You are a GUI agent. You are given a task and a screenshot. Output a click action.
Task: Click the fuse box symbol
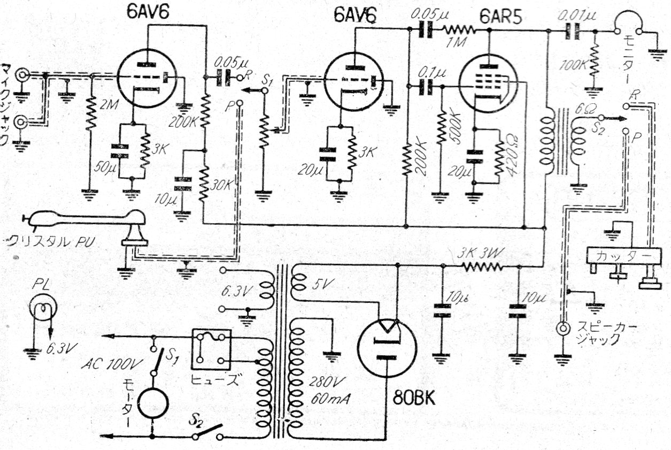coord(211,348)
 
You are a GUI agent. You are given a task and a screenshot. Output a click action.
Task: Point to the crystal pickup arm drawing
coord(86,224)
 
